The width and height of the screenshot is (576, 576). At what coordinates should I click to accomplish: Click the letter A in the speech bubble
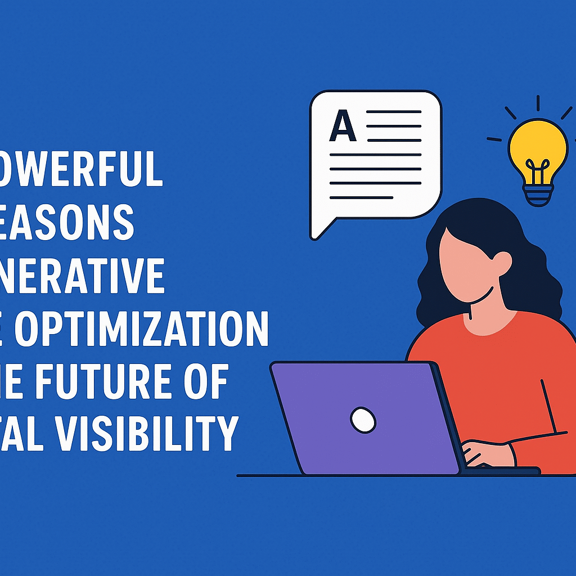(343, 127)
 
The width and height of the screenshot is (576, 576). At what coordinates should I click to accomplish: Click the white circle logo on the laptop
(363, 419)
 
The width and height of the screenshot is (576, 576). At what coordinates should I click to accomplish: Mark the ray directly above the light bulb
(538, 103)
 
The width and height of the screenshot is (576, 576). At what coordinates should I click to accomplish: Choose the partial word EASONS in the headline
(67, 223)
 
